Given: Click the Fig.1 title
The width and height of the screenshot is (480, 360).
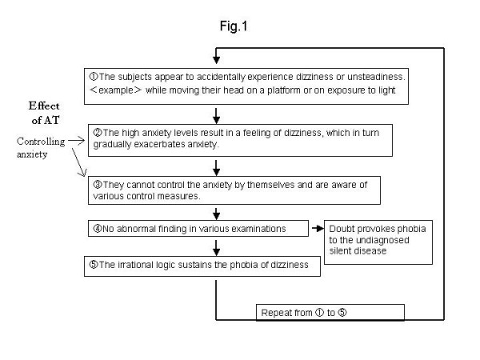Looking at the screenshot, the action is tap(234, 26).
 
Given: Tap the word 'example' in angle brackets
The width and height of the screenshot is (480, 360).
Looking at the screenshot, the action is tap(116, 90).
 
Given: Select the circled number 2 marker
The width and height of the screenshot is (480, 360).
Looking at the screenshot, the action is tap(98, 133).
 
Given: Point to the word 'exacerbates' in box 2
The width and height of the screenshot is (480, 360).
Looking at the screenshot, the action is tap(159, 144).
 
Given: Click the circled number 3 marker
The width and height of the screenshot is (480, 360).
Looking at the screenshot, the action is tap(98, 185).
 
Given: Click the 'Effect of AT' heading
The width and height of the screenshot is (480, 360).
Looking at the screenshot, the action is tap(44, 113).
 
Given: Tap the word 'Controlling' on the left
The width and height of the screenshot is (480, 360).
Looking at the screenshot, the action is tap(41, 142).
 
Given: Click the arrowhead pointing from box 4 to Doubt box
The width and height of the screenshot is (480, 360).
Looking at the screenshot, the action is tap(320, 228).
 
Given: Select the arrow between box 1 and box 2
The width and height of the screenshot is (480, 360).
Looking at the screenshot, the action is tap(217, 116).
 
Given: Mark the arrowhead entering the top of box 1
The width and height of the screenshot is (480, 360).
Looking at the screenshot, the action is tap(217, 60).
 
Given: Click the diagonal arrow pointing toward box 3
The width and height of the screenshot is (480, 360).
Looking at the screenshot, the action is tap(79, 162).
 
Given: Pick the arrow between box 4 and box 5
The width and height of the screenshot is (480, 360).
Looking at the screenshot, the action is tap(217, 248).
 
